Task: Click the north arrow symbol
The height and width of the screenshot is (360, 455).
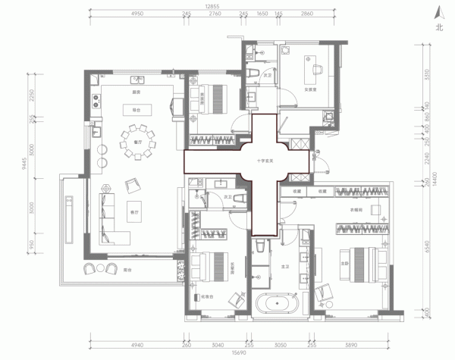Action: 438,14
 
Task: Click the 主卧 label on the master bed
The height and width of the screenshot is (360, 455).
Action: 366,264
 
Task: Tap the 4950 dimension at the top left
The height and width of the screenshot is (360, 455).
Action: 136,14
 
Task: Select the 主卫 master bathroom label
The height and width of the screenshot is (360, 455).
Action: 285,267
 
